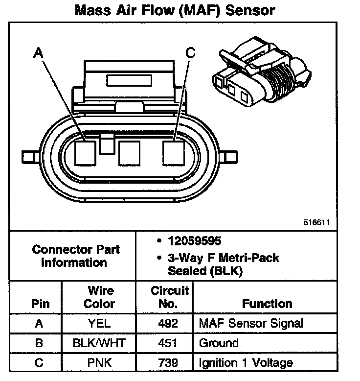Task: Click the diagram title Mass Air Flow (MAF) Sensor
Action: (x=175, y=10)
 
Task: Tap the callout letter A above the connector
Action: (x=37, y=51)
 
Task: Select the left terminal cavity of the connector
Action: (x=86, y=153)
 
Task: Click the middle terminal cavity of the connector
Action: (x=130, y=153)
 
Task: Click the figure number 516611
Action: (x=317, y=222)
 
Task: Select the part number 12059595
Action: (x=194, y=241)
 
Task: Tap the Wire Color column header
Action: (x=99, y=297)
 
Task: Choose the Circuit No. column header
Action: (x=168, y=297)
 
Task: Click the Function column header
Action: (x=267, y=304)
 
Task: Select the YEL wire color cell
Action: (x=99, y=324)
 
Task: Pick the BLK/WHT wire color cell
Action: (x=99, y=343)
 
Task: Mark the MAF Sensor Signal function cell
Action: (x=251, y=324)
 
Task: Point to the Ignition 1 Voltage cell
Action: (x=246, y=363)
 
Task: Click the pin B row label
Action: (x=39, y=343)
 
